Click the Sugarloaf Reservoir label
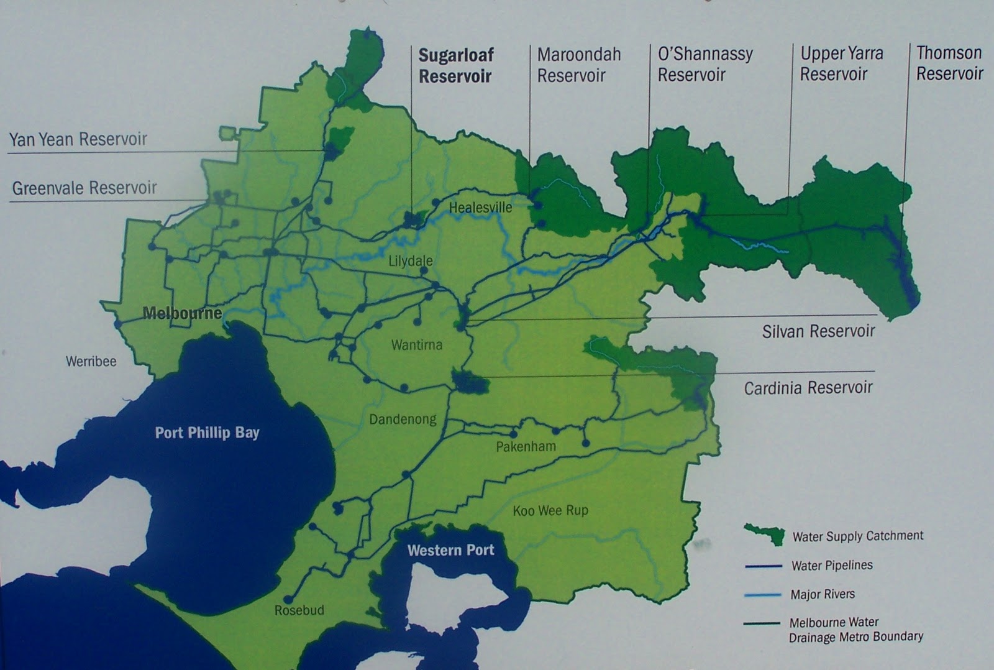(x=455, y=66)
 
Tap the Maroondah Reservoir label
(x=578, y=65)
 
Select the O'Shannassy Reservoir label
(x=704, y=64)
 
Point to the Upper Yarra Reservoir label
(x=841, y=63)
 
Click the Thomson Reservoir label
(x=949, y=63)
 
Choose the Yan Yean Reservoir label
(x=78, y=139)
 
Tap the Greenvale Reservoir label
(x=84, y=188)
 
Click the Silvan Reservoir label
(x=818, y=331)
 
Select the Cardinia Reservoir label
(x=808, y=388)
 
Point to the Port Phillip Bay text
(x=207, y=433)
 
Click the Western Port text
(x=450, y=550)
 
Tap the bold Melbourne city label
(x=182, y=313)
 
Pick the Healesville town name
(x=480, y=208)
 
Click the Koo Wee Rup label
(x=550, y=511)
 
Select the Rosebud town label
(x=299, y=610)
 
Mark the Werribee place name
(x=91, y=362)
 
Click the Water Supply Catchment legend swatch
(x=765, y=534)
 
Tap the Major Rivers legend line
(x=763, y=595)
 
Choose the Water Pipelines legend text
(x=832, y=566)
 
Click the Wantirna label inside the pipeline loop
(x=417, y=345)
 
